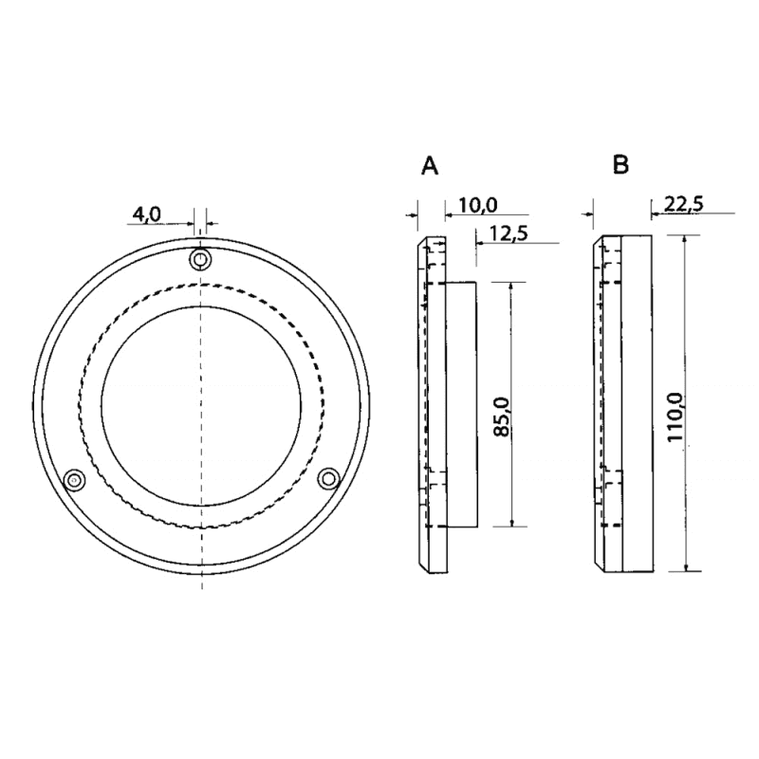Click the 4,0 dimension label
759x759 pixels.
point(146,213)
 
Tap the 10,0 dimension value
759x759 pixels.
point(478,205)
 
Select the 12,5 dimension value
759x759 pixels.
point(509,233)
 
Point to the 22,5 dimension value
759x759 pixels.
point(683,204)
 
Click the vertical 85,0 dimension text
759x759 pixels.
point(503,417)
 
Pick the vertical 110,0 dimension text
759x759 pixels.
point(675,417)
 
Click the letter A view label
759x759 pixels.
point(430,166)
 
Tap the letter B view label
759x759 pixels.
point(620,164)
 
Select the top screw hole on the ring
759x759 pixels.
point(200,259)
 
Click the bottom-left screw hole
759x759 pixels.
point(74,480)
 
